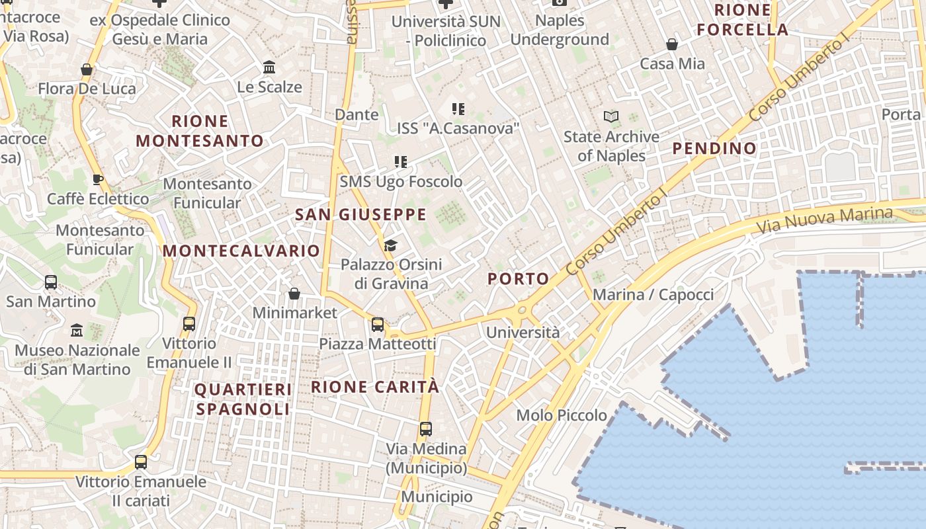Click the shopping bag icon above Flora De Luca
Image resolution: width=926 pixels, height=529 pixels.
pyautogui.click(x=86, y=69)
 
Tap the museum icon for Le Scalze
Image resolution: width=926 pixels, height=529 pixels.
pyautogui.click(x=269, y=67)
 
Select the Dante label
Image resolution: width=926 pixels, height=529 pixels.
pyautogui.click(x=357, y=114)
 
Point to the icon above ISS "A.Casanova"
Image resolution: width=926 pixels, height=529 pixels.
pyautogui.click(x=458, y=108)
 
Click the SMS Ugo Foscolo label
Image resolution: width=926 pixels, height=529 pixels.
pyautogui.click(x=401, y=181)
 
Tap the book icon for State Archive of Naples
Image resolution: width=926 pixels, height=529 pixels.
pyautogui.click(x=611, y=117)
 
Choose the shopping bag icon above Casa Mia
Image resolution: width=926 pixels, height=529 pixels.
pyautogui.click(x=672, y=44)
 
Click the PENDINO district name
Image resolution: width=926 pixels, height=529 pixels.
pyautogui.click(x=714, y=148)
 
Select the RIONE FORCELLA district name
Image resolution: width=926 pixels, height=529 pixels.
pyautogui.click(x=743, y=20)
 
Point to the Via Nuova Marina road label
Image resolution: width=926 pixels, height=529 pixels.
pyautogui.click(x=824, y=221)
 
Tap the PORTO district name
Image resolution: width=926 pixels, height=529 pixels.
pyautogui.click(x=519, y=279)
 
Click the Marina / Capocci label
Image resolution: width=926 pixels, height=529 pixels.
pyautogui.click(x=653, y=295)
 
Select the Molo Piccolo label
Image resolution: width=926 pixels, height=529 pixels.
pyautogui.click(x=562, y=415)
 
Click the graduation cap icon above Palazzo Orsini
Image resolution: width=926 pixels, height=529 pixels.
pyautogui.click(x=390, y=246)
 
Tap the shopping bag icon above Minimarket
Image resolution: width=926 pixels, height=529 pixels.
pyautogui.click(x=294, y=293)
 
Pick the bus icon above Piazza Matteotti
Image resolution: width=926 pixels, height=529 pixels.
pyautogui.click(x=378, y=324)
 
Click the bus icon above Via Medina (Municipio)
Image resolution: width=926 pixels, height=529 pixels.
pyautogui.click(x=426, y=428)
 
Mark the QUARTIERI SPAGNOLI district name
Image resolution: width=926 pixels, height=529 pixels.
pyautogui.click(x=243, y=399)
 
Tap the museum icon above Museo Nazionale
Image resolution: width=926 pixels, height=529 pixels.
pyautogui.click(x=77, y=330)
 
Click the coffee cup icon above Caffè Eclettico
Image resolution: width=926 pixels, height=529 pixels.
pyautogui.click(x=98, y=179)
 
